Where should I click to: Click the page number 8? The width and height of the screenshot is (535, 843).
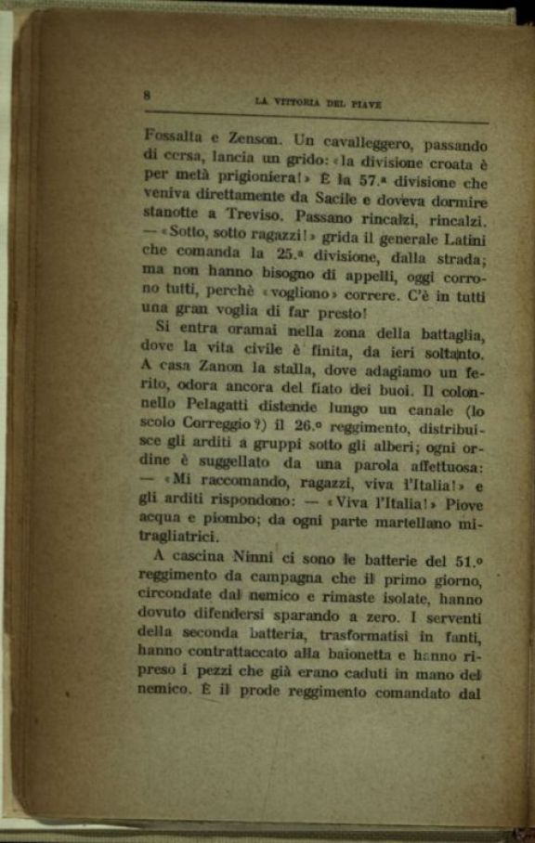pos(148,94)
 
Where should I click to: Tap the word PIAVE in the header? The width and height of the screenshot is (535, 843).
pos(364,103)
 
